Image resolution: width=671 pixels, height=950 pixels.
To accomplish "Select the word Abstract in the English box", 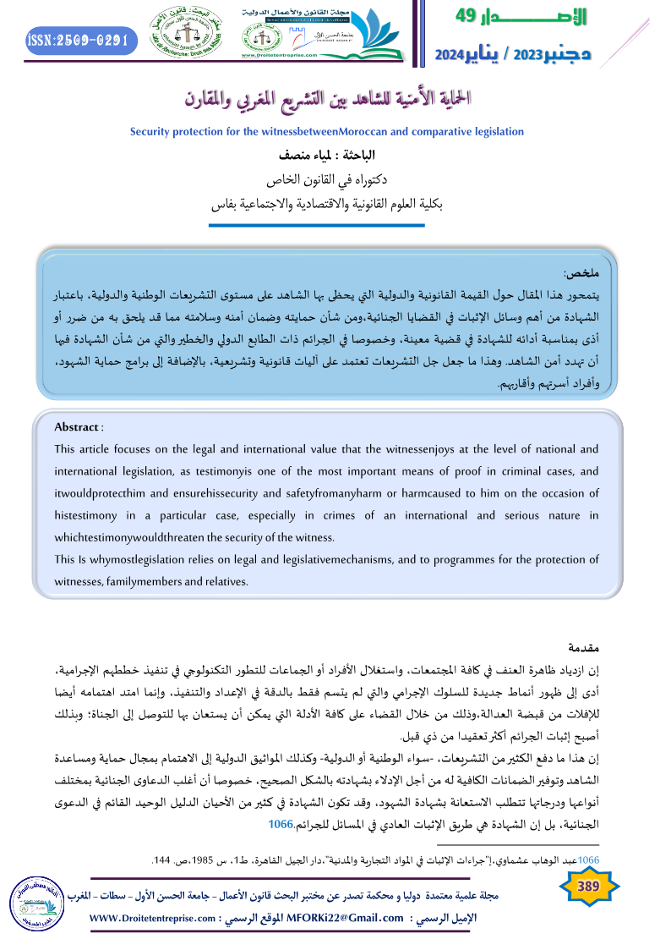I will (x=76, y=426).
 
